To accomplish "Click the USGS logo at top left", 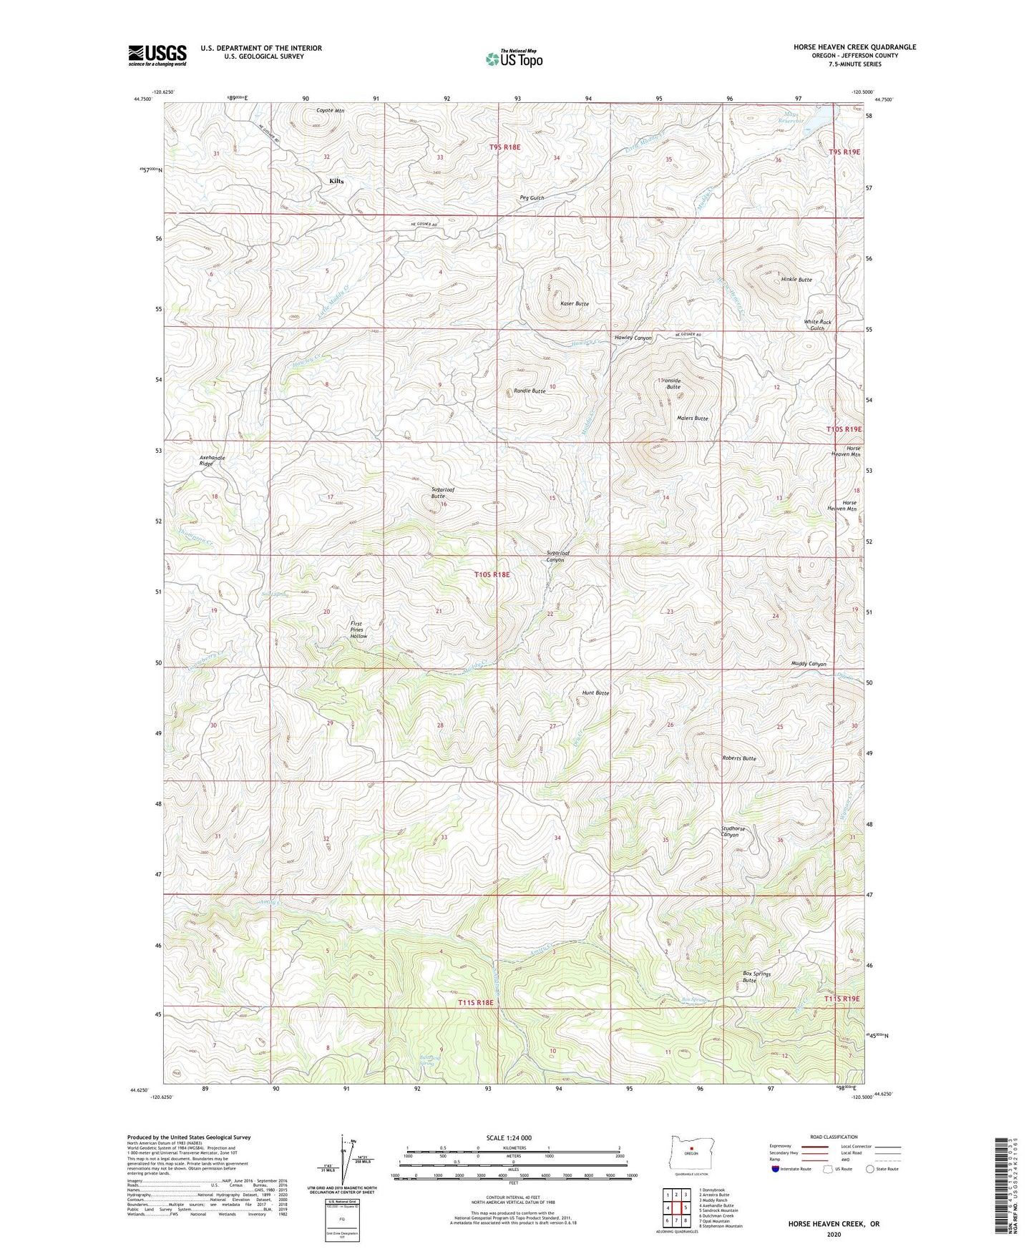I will [x=157, y=55].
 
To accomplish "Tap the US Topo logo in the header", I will [x=514, y=59].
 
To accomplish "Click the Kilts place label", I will [x=336, y=182].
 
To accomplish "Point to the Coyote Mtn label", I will [x=331, y=111].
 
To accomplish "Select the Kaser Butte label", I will [x=575, y=304].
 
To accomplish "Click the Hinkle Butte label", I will [x=796, y=280].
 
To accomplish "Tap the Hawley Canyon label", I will [x=633, y=338].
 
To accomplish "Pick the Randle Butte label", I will [x=530, y=391].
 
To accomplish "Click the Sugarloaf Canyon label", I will [x=555, y=557].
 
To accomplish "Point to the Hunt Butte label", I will [x=595, y=693].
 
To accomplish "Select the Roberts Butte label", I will [x=739, y=758].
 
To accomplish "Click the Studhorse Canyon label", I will [x=733, y=832].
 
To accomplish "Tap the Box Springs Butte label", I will [x=756, y=977].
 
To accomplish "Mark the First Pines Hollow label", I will [x=359, y=630].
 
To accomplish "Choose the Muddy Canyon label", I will [x=809, y=664].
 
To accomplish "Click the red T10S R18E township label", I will [x=492, y=574].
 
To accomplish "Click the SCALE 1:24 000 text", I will [x=509, y=1137].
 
